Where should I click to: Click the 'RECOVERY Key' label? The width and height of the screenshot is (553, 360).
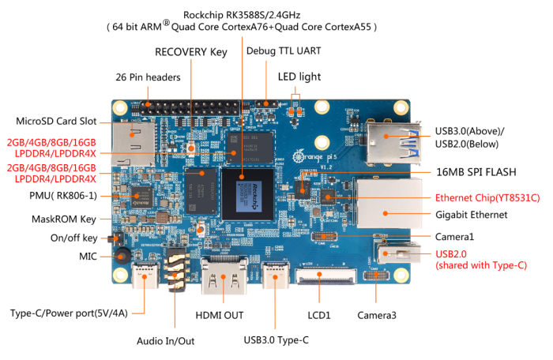pyautogui.click(x=190, y=52)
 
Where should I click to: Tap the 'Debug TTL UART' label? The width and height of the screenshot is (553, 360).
pyautogui.click(x=284, y=51)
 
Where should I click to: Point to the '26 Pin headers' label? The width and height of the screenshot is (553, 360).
pyautogui.click(x=148, y=77)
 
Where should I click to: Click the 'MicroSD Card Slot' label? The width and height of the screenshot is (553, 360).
pyautogui.click(x=56, y=122)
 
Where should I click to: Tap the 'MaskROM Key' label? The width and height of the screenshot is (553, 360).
pyautogui.click(x=64, y=219)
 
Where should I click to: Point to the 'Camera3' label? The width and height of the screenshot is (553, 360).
pyautogui.click(x=376, y=315)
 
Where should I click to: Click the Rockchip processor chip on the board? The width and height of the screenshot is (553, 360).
pyautogui.click(x=246, y=193)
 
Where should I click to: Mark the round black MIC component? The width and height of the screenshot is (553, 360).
pyautogui.click(x=122, y=257)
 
